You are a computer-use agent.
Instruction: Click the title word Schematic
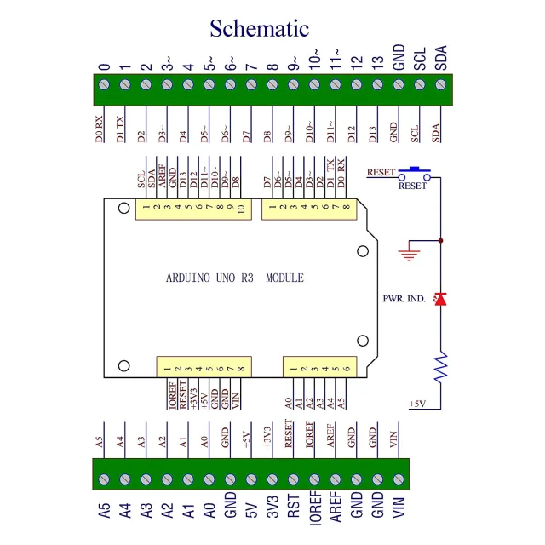click(259, 29)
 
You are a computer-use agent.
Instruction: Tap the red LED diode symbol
click(439, 299)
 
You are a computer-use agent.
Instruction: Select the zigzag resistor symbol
click(439, 369)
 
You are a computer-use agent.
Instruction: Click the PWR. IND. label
click(404, 298)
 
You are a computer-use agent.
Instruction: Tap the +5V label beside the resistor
click(417, 404)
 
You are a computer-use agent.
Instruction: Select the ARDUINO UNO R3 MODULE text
click(234, 278)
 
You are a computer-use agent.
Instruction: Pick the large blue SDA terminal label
click(440, 58)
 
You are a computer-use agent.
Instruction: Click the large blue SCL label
click(419, 58)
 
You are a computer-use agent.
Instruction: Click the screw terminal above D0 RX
click(105, 84)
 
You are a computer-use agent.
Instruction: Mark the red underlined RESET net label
click(381, 172)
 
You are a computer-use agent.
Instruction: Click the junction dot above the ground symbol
click(440, 241)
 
